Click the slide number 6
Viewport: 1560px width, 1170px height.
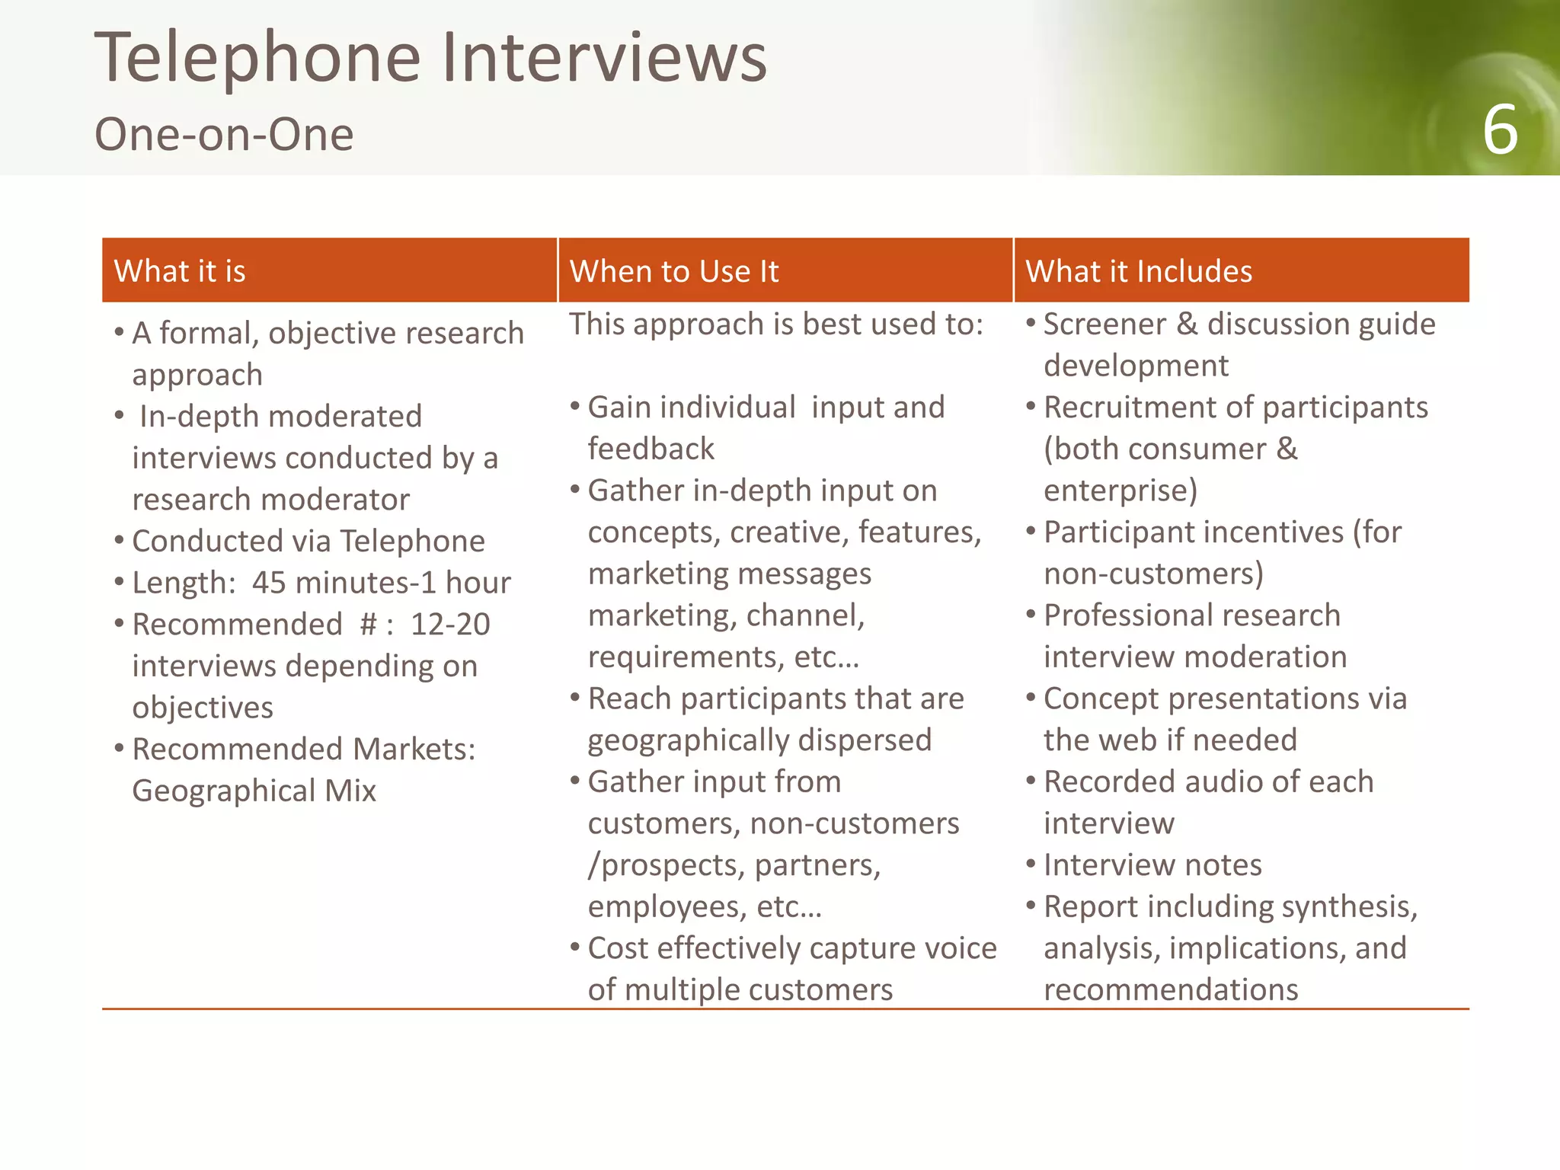click(1500, 130)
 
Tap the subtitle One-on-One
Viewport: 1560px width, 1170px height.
click(224, 135)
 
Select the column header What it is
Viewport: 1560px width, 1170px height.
click(180, 271)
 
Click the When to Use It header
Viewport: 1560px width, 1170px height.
click(674, 271)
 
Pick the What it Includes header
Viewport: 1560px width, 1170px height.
click(1139, 271)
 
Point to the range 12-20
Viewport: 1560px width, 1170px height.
click(450, 625)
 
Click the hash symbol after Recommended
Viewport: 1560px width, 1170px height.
click(368, 625)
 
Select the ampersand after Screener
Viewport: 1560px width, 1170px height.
click(1187, 324)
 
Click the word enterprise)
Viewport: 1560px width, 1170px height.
click(1120, 491)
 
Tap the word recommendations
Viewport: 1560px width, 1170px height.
click(1171, 990)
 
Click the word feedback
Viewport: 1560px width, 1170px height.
click(651, 449)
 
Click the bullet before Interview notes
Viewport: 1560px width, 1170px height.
click(1031, 864)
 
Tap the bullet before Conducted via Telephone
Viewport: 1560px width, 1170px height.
click(119, 540)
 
